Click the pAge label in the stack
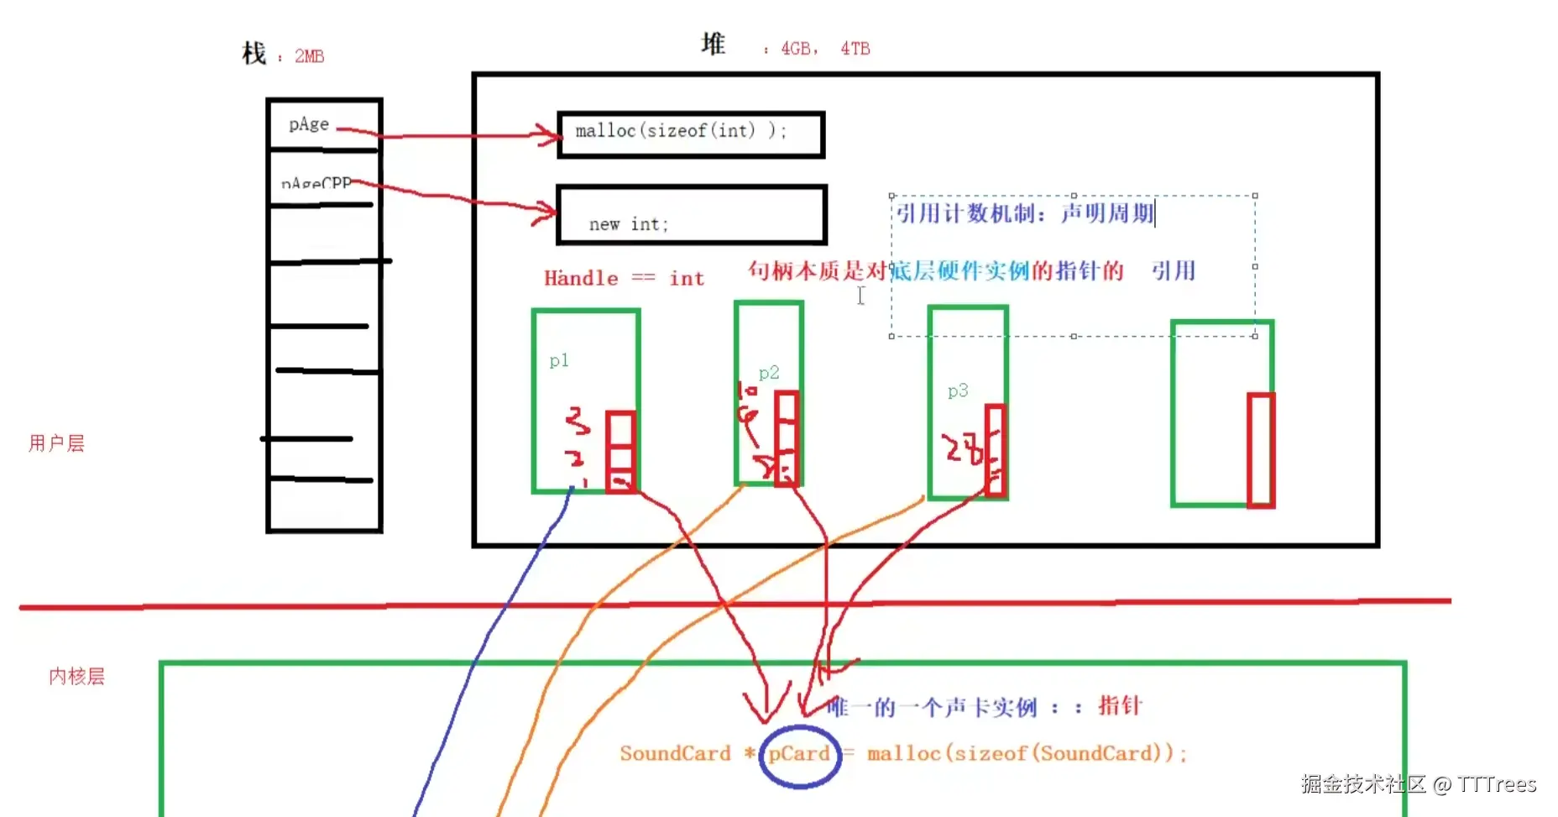[x=309, y=125]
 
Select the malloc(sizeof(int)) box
[x=690, y=134]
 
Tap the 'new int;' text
[x=628, y=224]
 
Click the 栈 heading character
[x=254, y=54]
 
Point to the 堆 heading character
[x=713, y=45]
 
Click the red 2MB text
[x=309, y=56]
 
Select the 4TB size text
[x=855, y=49]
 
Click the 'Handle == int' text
[x=624, y=279]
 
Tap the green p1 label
[x=559, y=361]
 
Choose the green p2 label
[x=768, y=373]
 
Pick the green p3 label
[x=957, y=391]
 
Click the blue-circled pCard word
[x=798, y=754]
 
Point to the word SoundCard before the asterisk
[x=675, y=754]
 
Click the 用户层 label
[x=56, y=443]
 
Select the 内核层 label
[x=76, y=677]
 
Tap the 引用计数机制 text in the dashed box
[x=965, y=214]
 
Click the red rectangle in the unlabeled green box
[x=1260, y=450]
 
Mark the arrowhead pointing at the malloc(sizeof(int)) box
[x=550, y=134]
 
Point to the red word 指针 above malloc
[x=1120, y=706]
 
